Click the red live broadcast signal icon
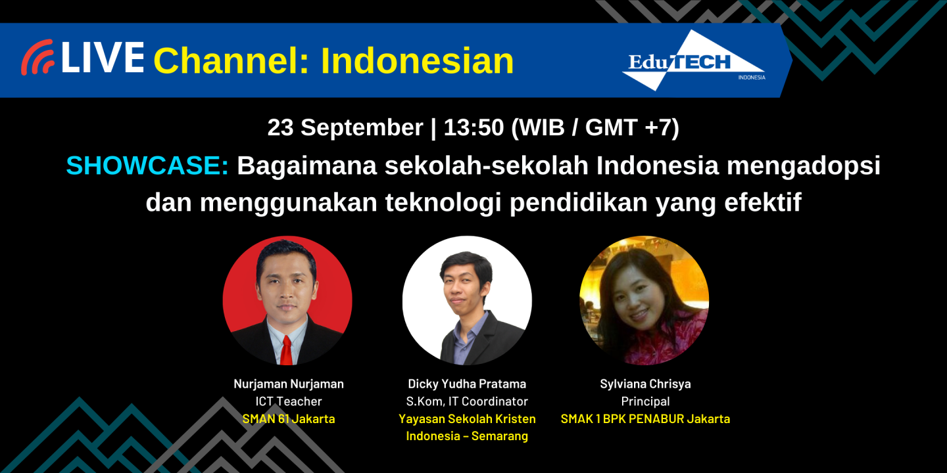point(37,58)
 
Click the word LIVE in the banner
point(102,58)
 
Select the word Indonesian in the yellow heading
point(417,61)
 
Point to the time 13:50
point(473,127)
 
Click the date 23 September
point(345,127)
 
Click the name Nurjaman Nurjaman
point(289,384)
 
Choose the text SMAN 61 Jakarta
point(289,418)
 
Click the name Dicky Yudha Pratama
point(467,384)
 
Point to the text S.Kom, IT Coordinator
point(467,401)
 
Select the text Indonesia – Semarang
point(467,436)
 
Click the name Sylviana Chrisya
point(645,384)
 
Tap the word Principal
point(645,401)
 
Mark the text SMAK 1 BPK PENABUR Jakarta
point(645,418)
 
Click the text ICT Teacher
point(289,401)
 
